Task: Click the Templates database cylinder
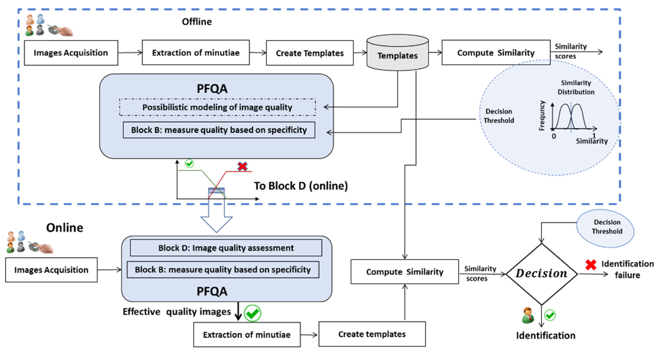click(x=397, y=53)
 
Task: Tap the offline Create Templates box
click(x=310, y=53)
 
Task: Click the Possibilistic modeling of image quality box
click(x=217, y=107)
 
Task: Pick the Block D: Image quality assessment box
click(x=226, y=248)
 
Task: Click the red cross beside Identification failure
click(x=591, y=265)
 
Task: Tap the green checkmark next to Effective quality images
click(x=252, y=313)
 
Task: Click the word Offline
click(x=197, y=22)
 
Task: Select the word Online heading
click(x=65, y=228)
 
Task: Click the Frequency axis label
click(x=542, y=116)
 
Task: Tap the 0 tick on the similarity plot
click(x=554, y=136)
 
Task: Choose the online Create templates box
click(x=372, y=334)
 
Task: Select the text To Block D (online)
click(x=301, y=186)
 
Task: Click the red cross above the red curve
click(x=242, y=167)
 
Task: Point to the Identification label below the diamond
click(x=545, y=336)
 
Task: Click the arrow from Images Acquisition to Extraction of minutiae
click(x=130, y=53)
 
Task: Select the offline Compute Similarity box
click(x=496, y=53)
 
